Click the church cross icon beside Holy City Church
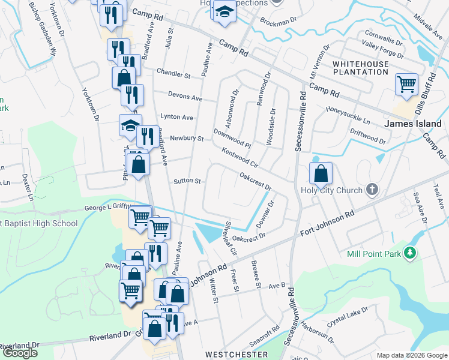point(372,190)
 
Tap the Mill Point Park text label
point(374,254)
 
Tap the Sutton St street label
point(187,180)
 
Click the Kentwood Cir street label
point(239,159)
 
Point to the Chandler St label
point(173,74)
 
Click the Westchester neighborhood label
point(237,355)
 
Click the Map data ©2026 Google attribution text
point(411,355)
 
